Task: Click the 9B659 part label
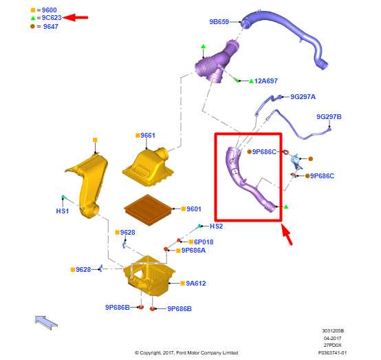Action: [x=219, y=21]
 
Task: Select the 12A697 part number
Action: [x=266, y=81]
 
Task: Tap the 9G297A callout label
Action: [x=303, y=97]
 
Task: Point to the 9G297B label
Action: [x=329, y=117]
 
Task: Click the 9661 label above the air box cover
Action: [x=148, y=135]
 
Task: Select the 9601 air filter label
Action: [x=194, y=209]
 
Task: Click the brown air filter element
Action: [x=149, y=210]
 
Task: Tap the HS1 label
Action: [x=63, y=211]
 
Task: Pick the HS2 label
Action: [x=216, y=226]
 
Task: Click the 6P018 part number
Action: [x=204, y=242]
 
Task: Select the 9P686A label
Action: [x=193, y=251]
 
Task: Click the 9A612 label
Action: [x=196, y=284]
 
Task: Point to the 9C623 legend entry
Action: [x=52, y=18]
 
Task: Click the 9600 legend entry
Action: [x=49, y=10]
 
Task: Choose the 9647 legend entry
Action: [x=51, y=27]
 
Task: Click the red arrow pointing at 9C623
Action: [x=75, y=17]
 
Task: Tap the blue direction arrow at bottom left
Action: [x=46, y=322]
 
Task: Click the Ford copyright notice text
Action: [x=186, y=352]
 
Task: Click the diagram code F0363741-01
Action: [x=332, y=352]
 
